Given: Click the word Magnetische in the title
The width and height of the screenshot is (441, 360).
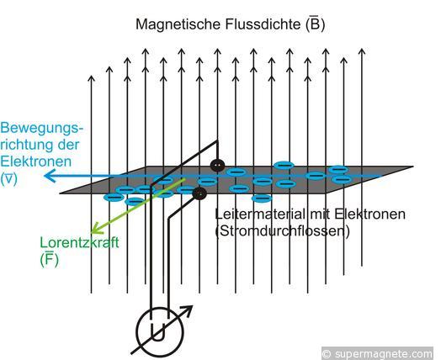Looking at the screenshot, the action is click(178, 24).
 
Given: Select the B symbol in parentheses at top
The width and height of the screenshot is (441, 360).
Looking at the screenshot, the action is click(316, 24).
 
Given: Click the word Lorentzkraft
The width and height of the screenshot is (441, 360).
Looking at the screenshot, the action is click(79, 243).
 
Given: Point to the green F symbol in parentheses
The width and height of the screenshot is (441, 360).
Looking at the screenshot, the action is click(50, 260).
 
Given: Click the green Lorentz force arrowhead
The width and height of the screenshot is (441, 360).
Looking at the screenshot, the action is click(97, 228).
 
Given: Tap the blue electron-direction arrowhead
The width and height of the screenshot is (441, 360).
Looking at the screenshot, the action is click(50, 176).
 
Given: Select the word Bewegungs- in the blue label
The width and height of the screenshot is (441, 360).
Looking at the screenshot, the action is click(42, 129).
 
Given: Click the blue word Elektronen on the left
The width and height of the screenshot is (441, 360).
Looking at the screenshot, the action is click(35, 161).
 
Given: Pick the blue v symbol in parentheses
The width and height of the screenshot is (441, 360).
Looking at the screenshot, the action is click(9, 178).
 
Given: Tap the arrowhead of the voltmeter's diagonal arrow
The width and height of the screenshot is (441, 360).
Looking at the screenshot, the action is click(187, 311).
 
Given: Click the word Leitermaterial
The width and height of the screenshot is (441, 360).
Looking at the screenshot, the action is click(261, 214).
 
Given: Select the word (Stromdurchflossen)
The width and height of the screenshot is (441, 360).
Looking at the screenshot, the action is click(283, 231).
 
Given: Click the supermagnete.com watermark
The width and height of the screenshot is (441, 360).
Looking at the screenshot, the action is click(377, 353).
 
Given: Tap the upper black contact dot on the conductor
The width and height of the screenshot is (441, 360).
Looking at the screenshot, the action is click(217, 166).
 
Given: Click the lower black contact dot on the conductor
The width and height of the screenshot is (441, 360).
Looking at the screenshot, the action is click(199, 193).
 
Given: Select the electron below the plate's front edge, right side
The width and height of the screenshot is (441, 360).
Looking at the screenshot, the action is click(262, 199).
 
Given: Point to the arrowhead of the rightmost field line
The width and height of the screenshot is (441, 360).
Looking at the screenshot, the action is click(362, 51).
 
